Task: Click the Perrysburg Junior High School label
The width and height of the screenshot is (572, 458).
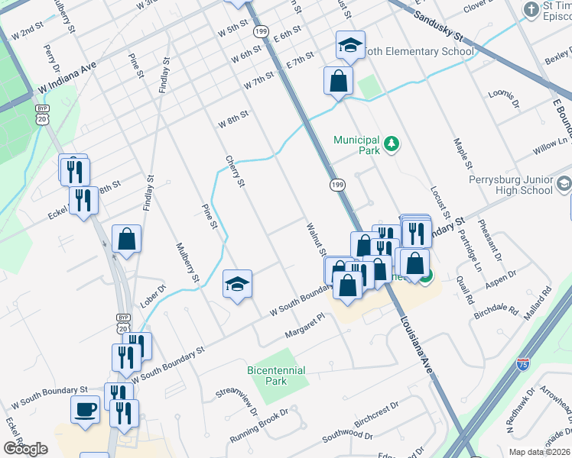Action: (510, 185)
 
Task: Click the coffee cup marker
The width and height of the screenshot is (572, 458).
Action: (85, 408)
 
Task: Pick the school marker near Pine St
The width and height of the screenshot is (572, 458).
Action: (237, 284)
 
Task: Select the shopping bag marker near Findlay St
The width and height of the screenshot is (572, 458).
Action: (127, 238)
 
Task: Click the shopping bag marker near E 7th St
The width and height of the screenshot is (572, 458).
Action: (337, 80)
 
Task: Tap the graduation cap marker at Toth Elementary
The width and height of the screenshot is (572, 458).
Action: (350, 45)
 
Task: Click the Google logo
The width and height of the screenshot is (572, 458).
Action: (25, 449)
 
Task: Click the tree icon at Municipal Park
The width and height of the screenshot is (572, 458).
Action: (392, 144)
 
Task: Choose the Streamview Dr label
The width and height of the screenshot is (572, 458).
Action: (237, 400)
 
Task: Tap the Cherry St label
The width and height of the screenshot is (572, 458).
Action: (235, 172)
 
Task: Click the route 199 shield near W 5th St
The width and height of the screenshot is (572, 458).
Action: (262, 31)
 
